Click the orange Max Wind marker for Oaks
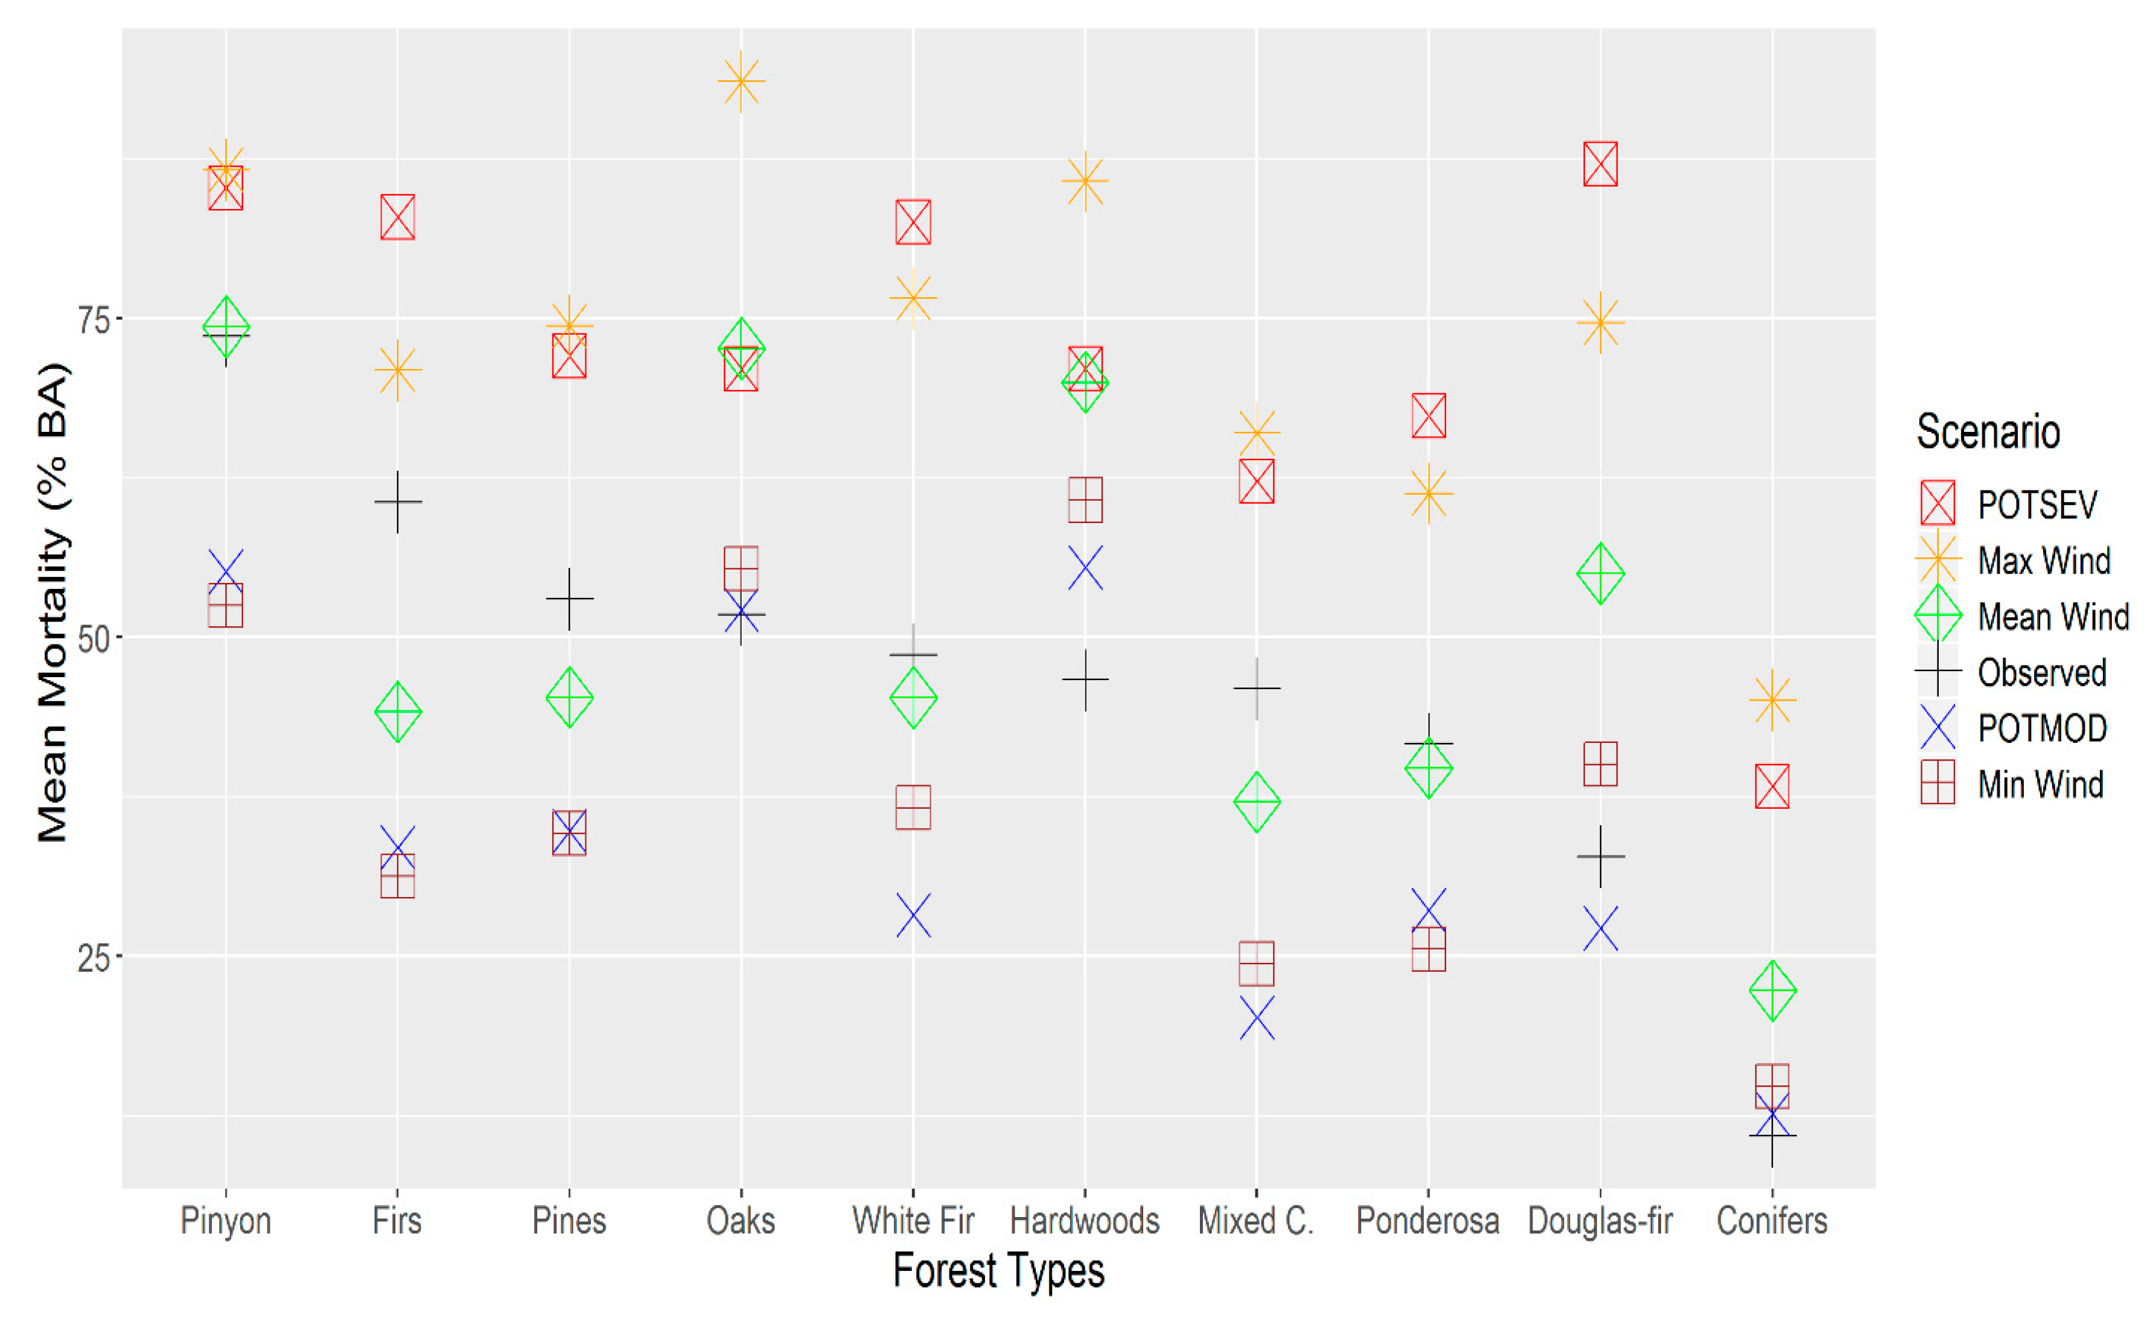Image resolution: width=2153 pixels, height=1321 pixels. point(741,82)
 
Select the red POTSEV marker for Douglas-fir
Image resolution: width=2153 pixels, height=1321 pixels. point(1600,164)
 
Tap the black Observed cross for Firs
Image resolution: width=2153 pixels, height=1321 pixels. point(398,502)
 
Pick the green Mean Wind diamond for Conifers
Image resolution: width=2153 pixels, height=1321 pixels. point(1772,991)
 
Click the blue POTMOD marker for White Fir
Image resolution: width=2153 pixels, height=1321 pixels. point(913,915)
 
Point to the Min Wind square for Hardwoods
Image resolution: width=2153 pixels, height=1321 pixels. point(1085,500)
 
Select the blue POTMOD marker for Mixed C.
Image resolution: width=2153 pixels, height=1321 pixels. point(1257,1018)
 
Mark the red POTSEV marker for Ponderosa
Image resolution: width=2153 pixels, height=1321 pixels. point(1429,416)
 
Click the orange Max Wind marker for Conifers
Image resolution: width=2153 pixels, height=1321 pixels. point(1772,699)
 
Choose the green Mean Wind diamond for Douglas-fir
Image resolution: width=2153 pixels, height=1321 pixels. point(1600,573)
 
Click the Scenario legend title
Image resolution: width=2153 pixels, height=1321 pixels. point(1988,432)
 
